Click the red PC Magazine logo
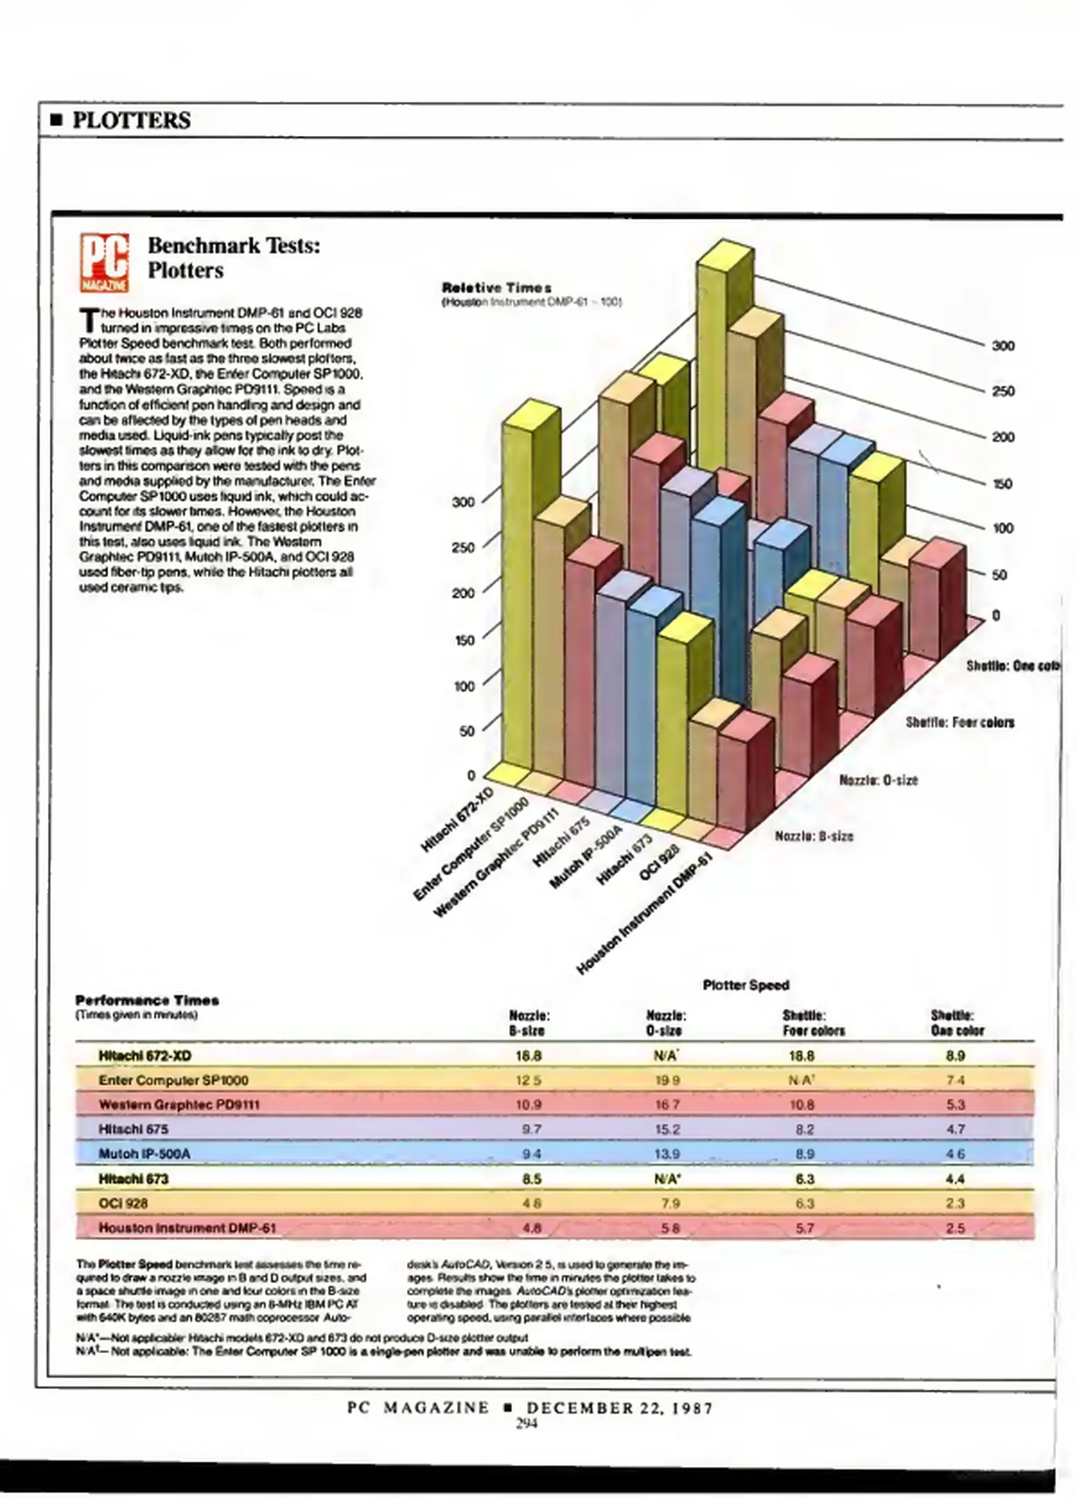tap(104, 262)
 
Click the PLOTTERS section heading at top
tap(131, 120)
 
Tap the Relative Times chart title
tap(497, 287)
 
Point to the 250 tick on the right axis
tap(1003, 391)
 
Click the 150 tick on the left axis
tap(463, 639)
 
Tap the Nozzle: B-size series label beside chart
tap(813, 836)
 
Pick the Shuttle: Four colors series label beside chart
tap(959, 723)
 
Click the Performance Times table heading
tap(147, 1000)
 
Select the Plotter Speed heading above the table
tap(746, 985)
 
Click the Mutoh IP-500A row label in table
tap(144, 1153)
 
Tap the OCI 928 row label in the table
tap(123, 1203)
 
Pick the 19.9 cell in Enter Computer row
tap(667, 1080)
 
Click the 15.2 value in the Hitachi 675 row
tap(667, 1129)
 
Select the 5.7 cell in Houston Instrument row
tap(804, 1228)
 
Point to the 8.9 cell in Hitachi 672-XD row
tap(955, 1056)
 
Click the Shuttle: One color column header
tap(956, 1023)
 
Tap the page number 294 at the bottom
tap(526, 1424)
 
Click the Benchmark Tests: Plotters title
tap(234, 257)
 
